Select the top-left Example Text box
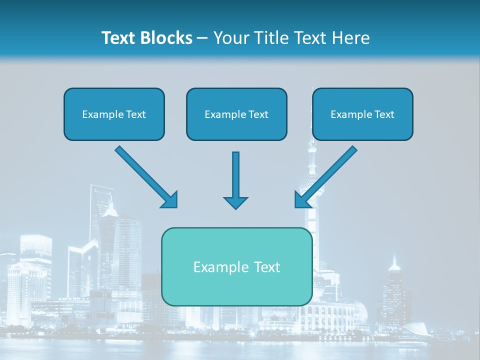[114, 114]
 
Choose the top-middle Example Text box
[236, 114]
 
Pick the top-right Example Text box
[362, 114]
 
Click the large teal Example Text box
[236, 266]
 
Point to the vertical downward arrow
[235, 180]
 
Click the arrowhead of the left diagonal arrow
[170, 200]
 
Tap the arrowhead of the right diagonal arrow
[302, 200]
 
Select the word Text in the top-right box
[384, 114]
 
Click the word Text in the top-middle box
[258, 114]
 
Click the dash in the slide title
[203, 38]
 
